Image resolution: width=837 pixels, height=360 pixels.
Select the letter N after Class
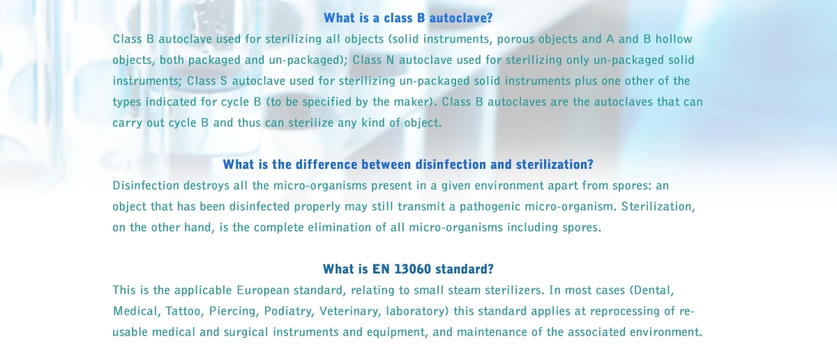coord(390,60)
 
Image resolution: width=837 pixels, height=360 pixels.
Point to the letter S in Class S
coord(223,81)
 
